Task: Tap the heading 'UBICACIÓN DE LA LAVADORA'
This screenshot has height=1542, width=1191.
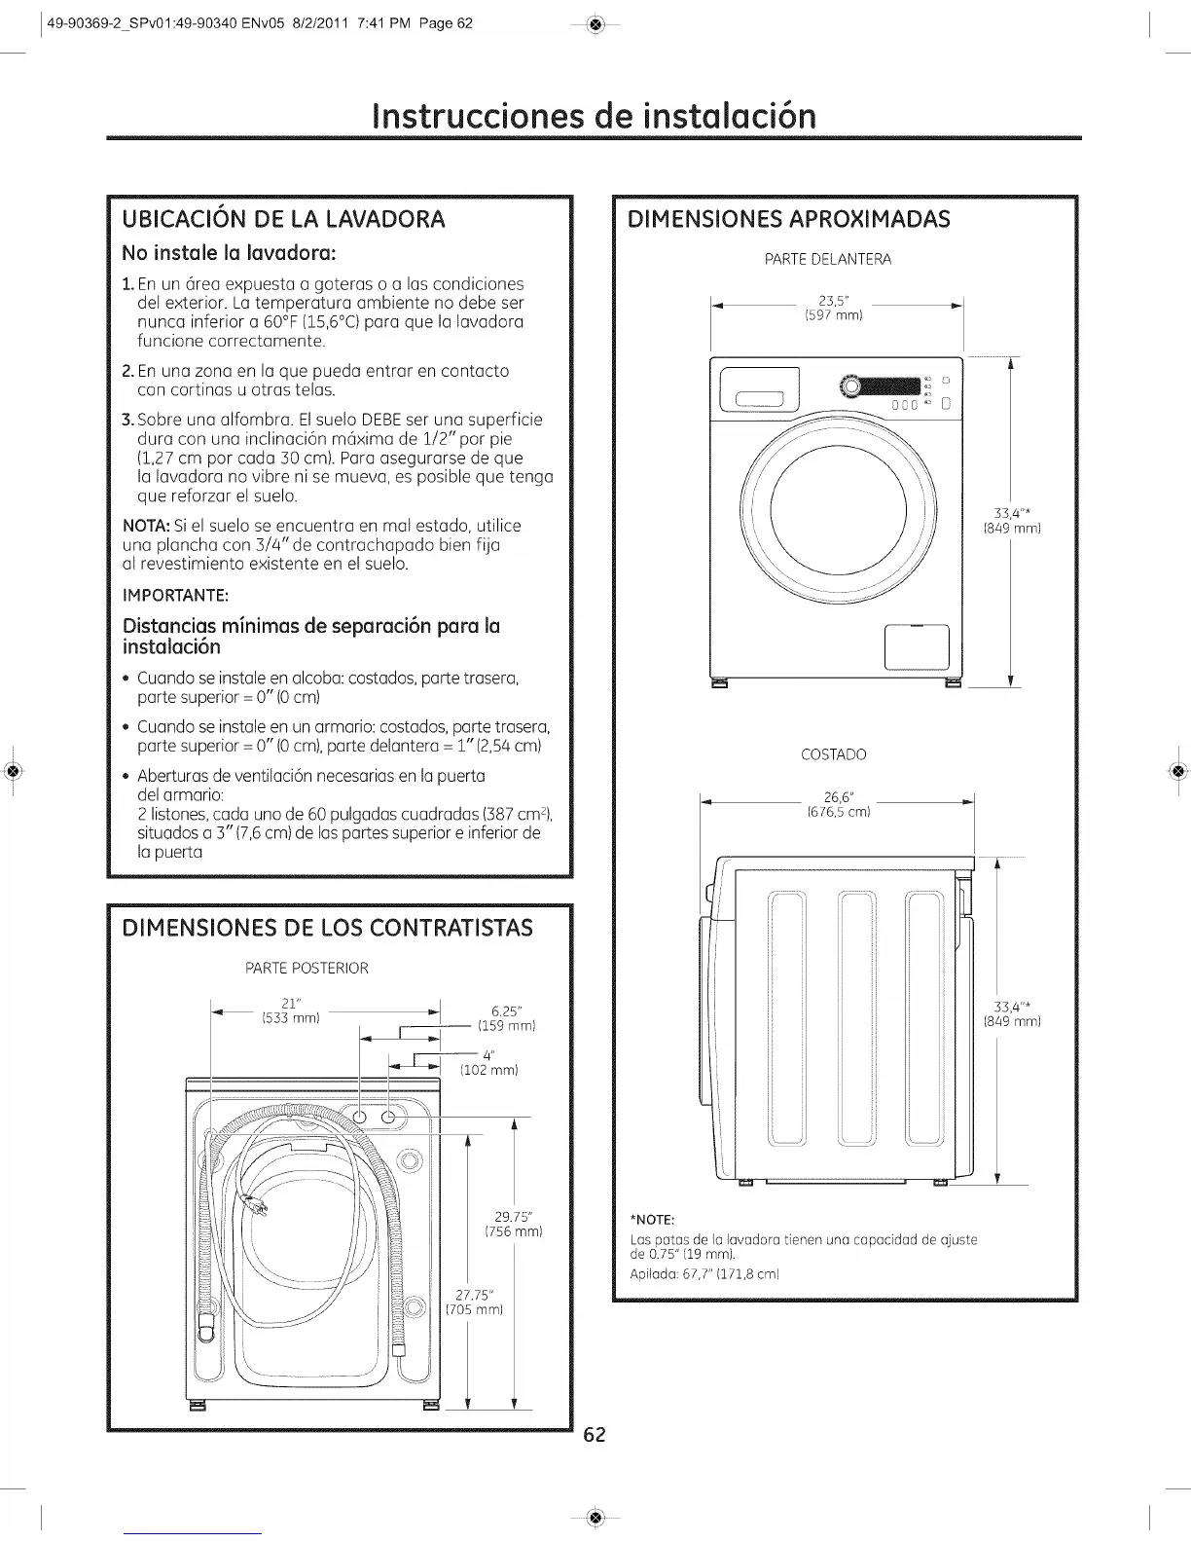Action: [282, 219]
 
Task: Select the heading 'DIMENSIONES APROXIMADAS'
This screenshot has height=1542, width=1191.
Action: [789, 218]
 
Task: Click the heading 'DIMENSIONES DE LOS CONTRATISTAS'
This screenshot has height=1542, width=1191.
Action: [326, 928]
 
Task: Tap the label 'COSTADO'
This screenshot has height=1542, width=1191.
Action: [833, 754]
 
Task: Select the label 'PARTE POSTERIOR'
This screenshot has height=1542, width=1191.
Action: [307, 969]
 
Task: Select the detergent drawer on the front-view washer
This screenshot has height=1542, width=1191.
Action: [759, 390]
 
